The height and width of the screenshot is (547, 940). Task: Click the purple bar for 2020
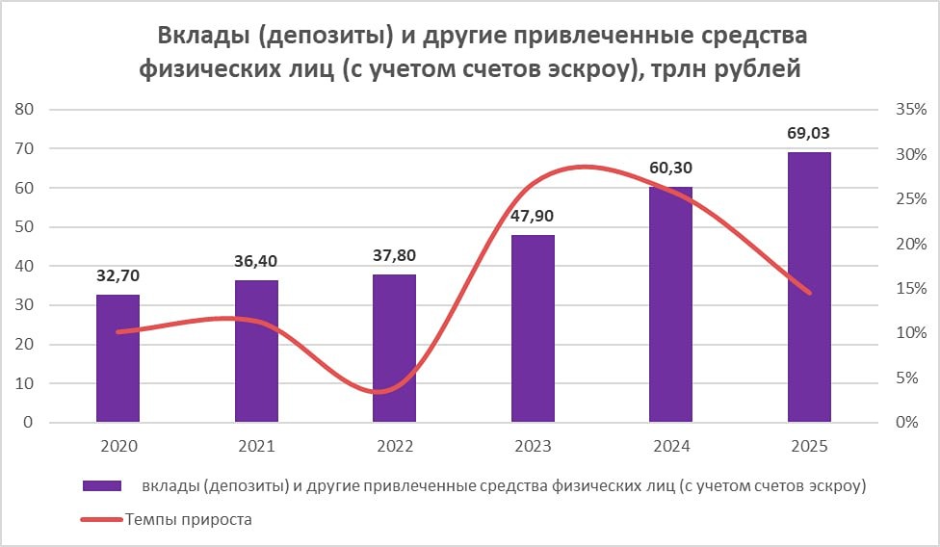[117, 358]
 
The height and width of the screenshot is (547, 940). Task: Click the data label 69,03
[809, 133]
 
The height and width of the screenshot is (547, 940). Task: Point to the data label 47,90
[533, 216]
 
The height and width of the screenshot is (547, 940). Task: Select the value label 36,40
[256, 261]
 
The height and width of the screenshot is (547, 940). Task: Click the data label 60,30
[670, 168]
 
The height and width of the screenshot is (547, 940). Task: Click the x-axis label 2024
[670, 447]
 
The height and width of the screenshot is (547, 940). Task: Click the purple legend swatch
[102, 486]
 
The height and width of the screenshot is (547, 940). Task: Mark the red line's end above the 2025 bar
[809, 293]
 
